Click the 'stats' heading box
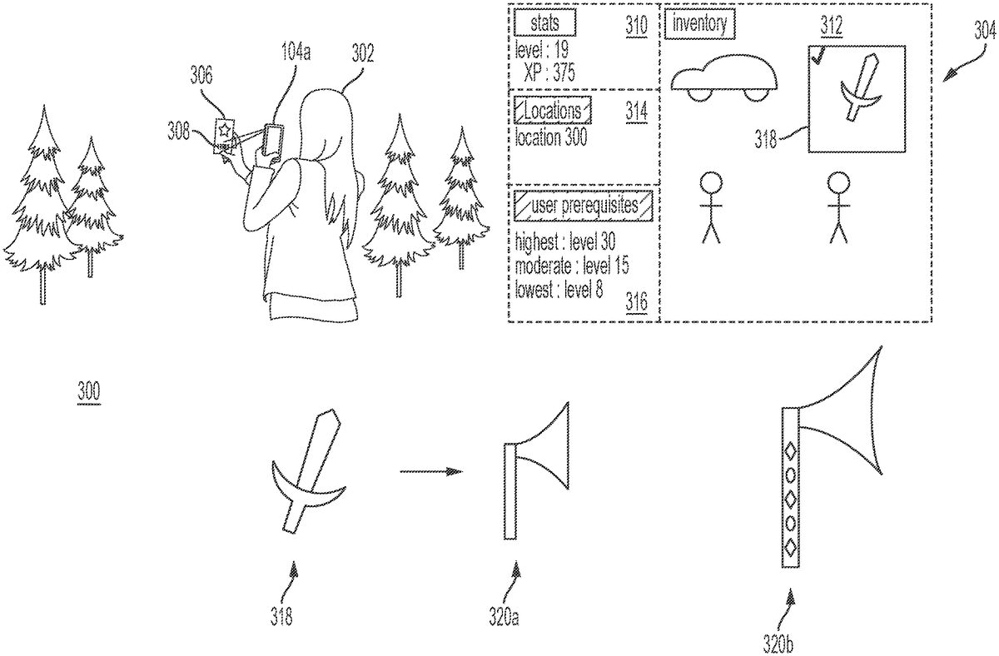point(545,22)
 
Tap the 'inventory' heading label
point(700,24)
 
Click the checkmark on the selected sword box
point(819,57)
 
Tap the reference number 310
point(637,25)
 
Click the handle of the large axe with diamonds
point(790,488)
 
